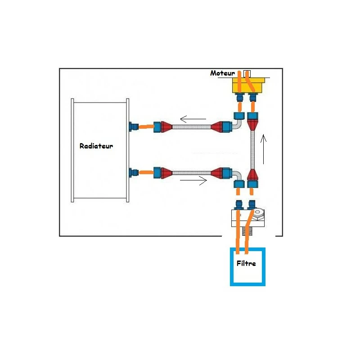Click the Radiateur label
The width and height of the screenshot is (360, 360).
click(x=96, y=146)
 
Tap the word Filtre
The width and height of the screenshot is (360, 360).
click(x=246, y=263)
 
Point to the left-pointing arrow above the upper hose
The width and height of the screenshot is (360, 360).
click(x=193, y=119)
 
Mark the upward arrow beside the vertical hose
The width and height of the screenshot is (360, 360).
click(x=264, y=148)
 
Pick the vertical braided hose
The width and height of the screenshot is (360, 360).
click(x=252, y=151)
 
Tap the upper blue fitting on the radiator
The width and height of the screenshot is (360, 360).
click(x=133, y=127)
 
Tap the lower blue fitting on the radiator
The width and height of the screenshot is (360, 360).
click(x=133, y=172)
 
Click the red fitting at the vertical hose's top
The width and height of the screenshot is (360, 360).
click(x=253, y=122)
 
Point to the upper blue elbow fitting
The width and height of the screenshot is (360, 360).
click(x=237, y=121)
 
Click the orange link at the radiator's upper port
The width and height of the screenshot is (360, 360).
click(x=145, y=127)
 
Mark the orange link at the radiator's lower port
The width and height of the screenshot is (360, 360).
click(x=145, y=172)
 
